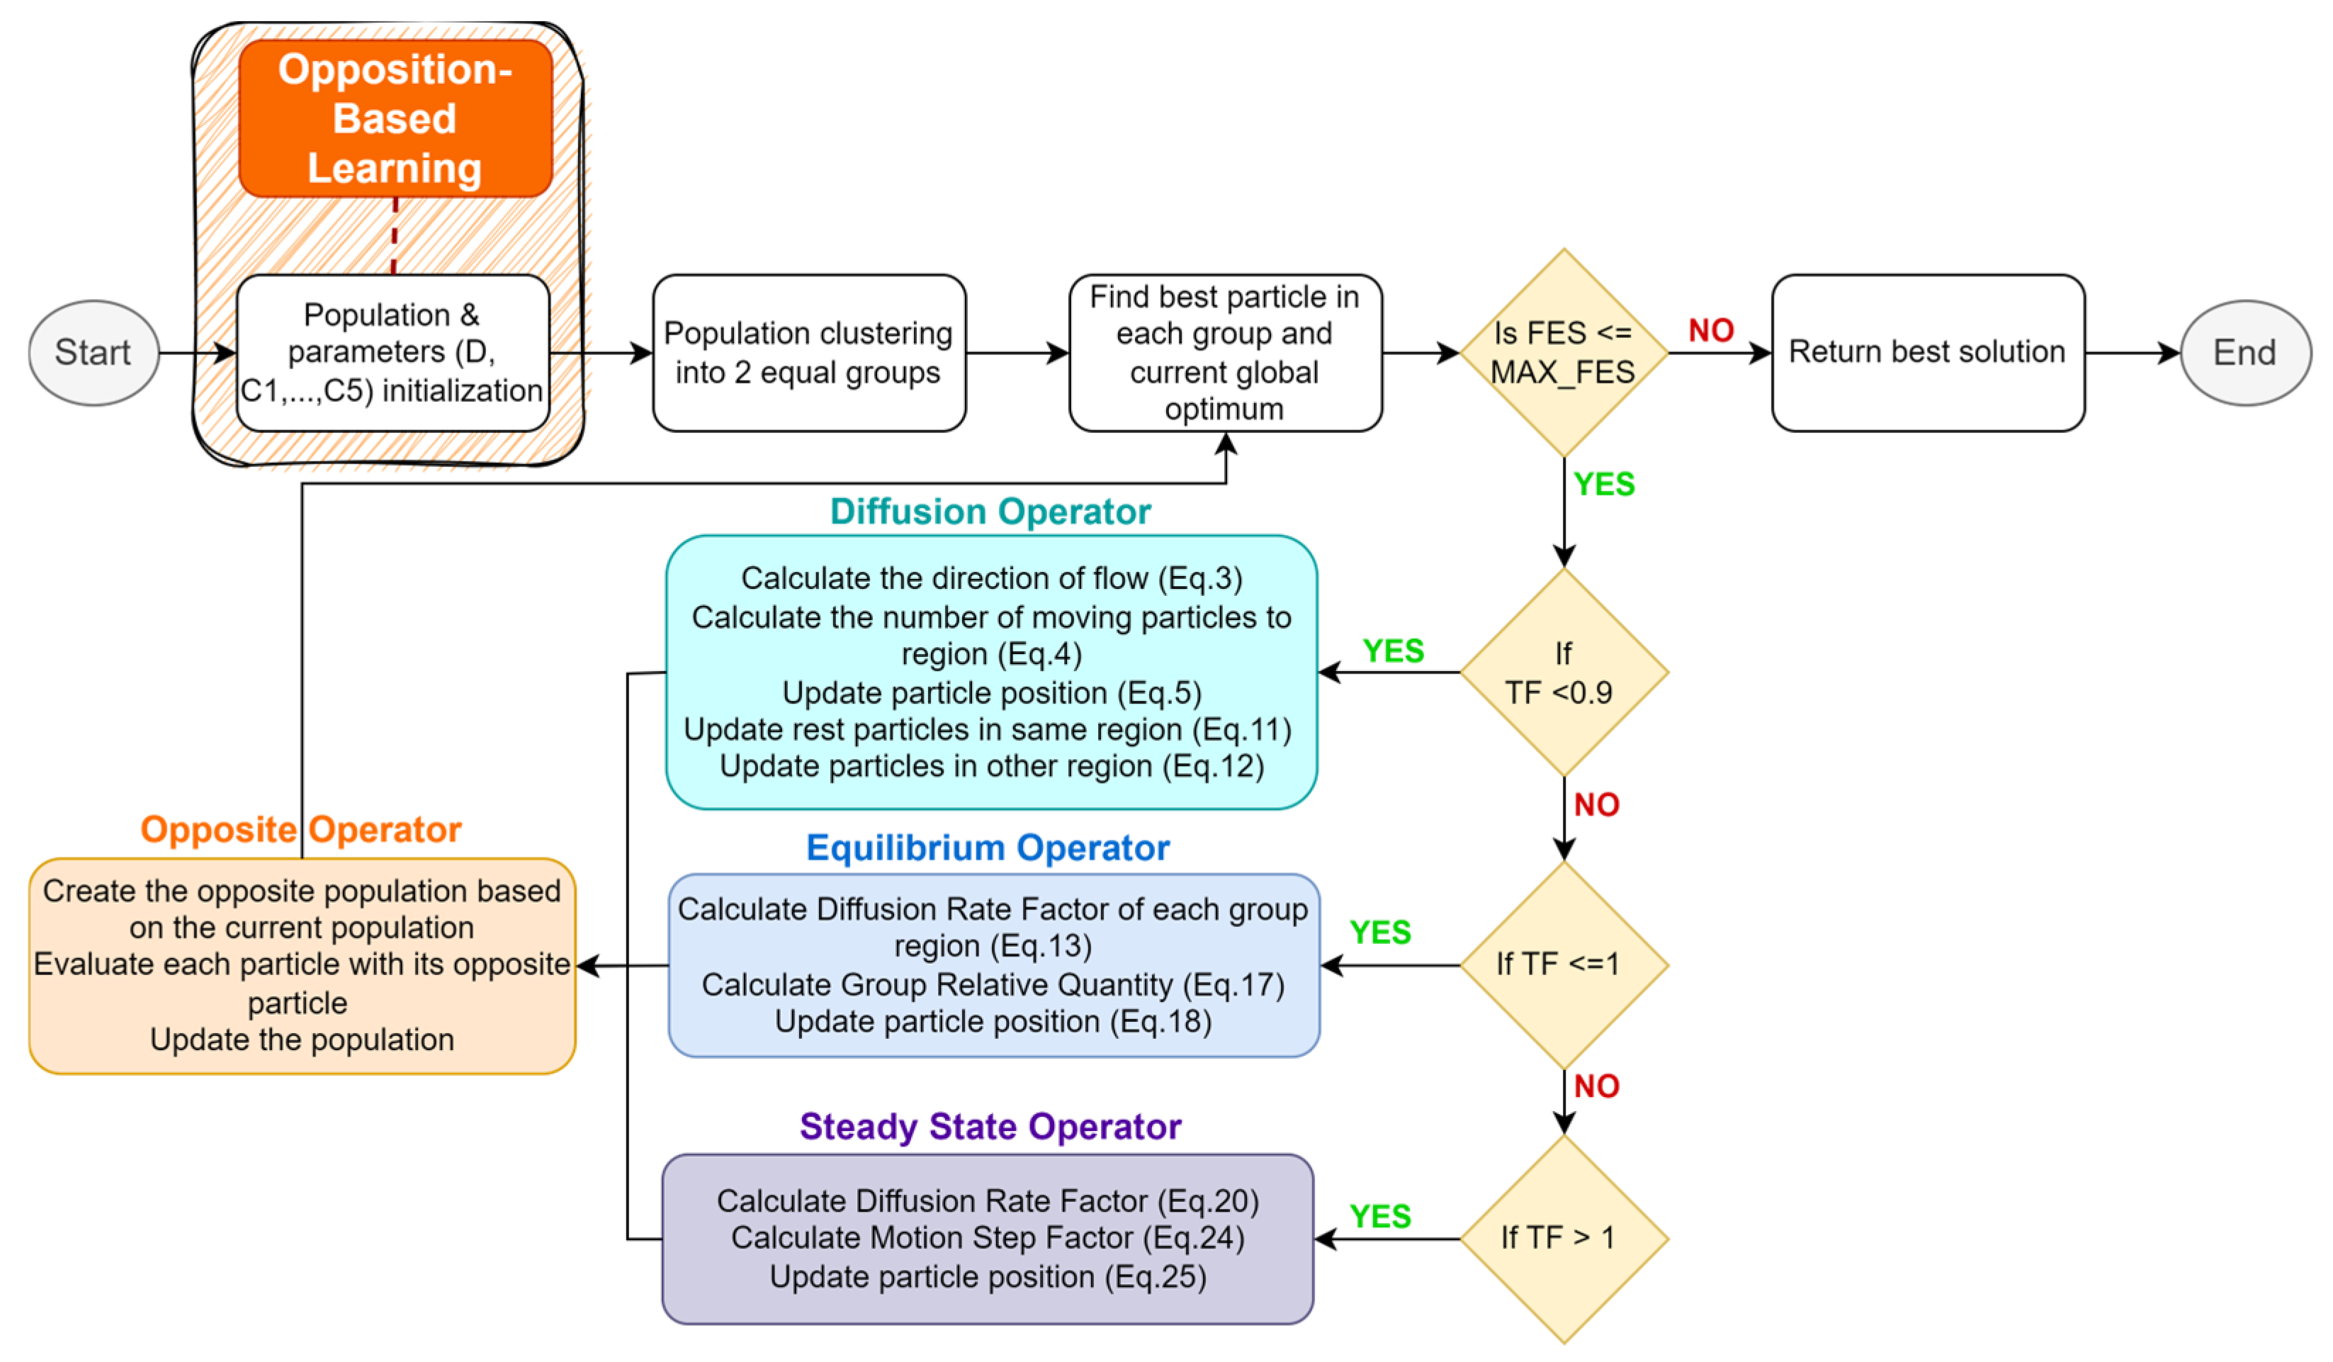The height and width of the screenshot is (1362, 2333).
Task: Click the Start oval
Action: coord(94,353)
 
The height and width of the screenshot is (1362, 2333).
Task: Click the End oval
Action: coord(2244,353)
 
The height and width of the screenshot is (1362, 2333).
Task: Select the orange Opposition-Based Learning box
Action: coord(395,118)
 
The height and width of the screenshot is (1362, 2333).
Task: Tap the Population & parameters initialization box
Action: coord(392,353)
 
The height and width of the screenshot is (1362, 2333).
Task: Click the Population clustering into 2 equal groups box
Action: coord(808,353)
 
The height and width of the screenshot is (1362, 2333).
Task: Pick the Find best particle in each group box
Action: coord(1224,353)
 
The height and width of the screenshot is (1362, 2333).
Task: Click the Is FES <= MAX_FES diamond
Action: coord(1563,353)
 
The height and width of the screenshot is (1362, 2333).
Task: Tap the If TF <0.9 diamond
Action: coord(1563,672)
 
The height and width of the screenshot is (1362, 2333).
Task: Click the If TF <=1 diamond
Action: coord(1563,964)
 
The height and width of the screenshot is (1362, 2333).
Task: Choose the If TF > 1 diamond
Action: coord(1563,1238)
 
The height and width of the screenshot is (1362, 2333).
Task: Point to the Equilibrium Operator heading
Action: coord(988,848)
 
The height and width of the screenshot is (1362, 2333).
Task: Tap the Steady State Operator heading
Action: coord(990,1127)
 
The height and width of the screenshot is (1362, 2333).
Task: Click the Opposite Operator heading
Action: coord(301,830)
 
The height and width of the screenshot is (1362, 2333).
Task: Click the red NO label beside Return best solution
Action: coord(1710,330)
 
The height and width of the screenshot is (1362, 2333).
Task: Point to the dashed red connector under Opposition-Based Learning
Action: coord(395,235)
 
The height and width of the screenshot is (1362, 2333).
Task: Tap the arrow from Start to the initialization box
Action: coord(196,353)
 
